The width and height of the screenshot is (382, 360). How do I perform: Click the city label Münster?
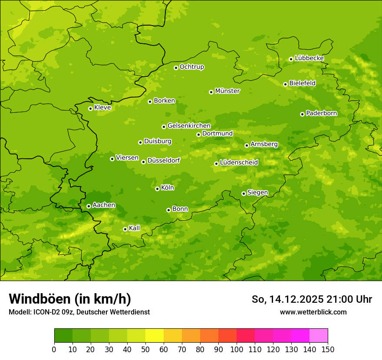click(227, 91)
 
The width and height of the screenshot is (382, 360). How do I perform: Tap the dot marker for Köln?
click(157, 189)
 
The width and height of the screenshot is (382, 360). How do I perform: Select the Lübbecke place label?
click(309, 58)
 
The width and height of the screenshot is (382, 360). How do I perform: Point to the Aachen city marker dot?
click(89, 206)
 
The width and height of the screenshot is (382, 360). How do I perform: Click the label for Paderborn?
click(321, 113)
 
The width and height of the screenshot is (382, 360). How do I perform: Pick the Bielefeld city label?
click(302, 83)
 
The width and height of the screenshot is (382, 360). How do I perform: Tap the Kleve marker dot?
click(90, 108)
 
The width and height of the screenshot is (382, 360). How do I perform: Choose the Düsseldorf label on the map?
click(163, 160)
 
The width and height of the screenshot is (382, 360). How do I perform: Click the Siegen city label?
click(257, 193)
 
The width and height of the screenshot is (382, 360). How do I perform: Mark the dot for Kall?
click(125, 229)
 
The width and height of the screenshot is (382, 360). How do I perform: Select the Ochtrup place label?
click(191, 67)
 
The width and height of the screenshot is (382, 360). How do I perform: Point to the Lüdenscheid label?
click(239, 163)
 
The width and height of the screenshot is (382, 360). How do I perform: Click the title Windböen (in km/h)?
click(70, 299)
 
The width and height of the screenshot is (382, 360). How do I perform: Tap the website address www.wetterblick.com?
click(313, 312)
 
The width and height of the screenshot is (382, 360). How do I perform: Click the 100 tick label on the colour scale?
click(237, 349)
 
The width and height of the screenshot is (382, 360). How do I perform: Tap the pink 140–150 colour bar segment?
click(318, 336)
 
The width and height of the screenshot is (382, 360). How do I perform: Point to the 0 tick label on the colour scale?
click(54, 349)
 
